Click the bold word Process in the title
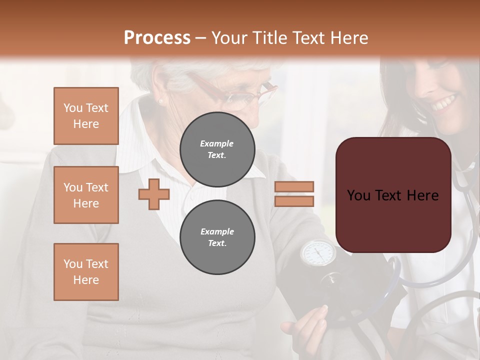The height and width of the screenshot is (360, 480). click(157, 38)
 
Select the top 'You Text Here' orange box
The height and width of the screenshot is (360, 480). click(86, 116)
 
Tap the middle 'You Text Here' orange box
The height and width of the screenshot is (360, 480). click(86, 195)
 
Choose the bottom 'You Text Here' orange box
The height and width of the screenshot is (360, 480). click(86, 272)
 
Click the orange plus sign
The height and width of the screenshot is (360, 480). click(154, 194)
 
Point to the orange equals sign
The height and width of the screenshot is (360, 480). click(294, 194)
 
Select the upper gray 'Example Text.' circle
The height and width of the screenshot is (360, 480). click(217, 149)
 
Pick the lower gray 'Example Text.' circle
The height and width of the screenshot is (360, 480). click(217, 237)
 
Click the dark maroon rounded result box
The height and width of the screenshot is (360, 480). click(393, 195)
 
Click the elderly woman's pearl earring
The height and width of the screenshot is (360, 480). click(161, 101)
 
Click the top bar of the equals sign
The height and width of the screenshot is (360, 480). click(294, 186)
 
